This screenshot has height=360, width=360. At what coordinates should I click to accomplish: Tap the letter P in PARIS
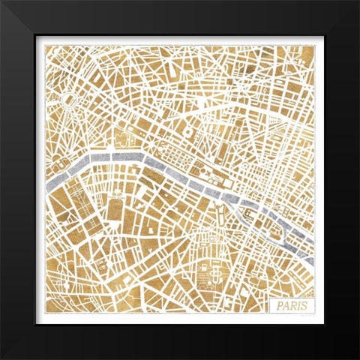pos(279,304)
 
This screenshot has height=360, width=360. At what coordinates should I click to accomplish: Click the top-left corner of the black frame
pos(2,2)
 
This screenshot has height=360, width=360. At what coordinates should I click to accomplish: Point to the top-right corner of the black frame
pos(358,2)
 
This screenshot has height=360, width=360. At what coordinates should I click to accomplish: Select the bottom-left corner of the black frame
pos(2,358)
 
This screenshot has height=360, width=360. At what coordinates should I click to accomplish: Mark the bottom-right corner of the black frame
pos(358,358)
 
